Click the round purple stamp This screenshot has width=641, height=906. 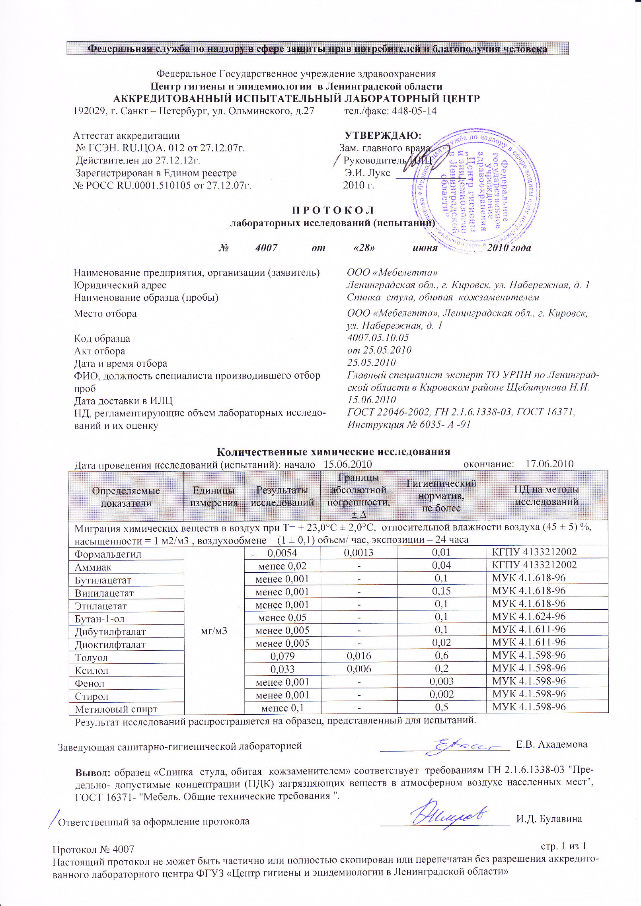476,191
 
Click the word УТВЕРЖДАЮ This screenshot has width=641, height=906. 383,136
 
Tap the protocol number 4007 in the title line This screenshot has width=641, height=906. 266,248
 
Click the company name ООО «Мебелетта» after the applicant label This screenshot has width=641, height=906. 392,272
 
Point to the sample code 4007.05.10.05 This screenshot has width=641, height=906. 378,338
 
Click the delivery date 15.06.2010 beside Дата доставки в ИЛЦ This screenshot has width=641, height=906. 371,400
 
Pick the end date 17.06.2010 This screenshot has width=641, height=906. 549,464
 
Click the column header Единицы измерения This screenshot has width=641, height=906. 214,496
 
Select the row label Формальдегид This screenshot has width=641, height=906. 108,554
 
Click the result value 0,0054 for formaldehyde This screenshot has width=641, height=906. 282,553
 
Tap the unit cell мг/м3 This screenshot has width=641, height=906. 214,630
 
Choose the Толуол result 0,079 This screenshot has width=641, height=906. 282,656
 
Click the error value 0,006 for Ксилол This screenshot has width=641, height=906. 359,669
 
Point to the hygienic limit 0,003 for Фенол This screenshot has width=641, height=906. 441,682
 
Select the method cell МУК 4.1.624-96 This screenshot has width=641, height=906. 528,616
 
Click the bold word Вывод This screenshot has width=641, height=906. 93,773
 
